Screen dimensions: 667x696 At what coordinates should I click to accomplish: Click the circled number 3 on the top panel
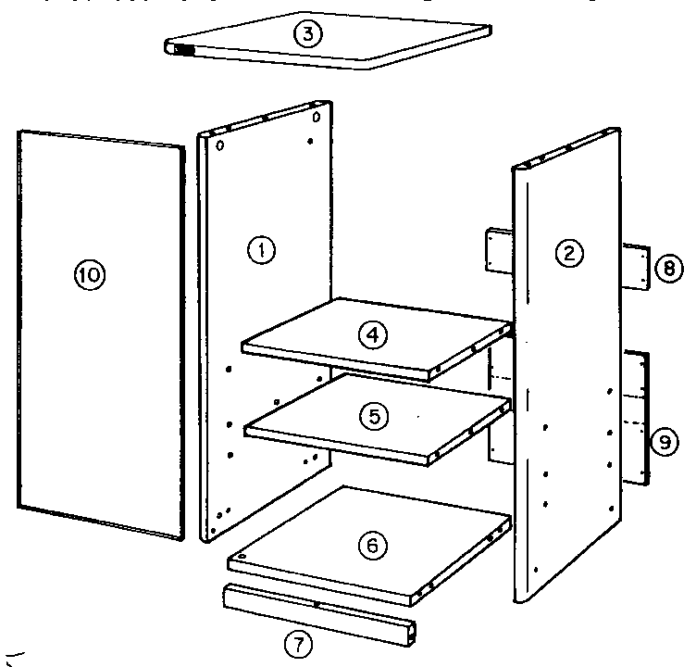pyautogui.click(x=307, y=35)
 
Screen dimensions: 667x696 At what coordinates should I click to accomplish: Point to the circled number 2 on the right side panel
pyautogui.click(x=569, y=251)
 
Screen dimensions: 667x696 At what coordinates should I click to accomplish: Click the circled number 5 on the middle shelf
pyautogui.click(x=374, y=417)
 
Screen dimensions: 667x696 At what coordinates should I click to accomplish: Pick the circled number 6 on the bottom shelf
pyautogui.click(x=372, y=547)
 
